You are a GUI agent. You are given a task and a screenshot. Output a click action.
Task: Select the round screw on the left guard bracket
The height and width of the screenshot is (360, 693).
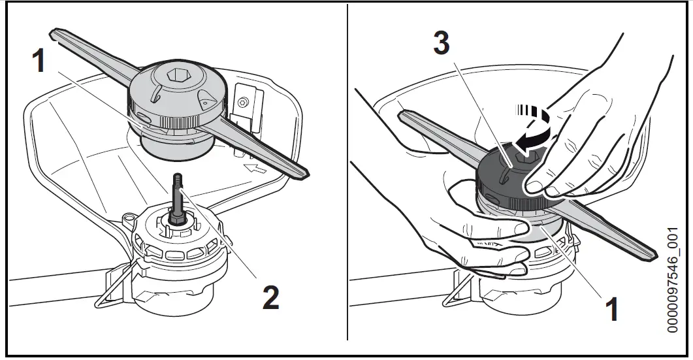pos(244,102)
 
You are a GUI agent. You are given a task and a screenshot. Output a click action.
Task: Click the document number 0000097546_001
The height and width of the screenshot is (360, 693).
pos(673,281)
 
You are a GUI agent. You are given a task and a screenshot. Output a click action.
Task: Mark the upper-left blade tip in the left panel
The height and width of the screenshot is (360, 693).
pos(56,31)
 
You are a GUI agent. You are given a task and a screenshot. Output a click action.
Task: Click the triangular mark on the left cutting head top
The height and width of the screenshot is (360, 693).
pos(205,103)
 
